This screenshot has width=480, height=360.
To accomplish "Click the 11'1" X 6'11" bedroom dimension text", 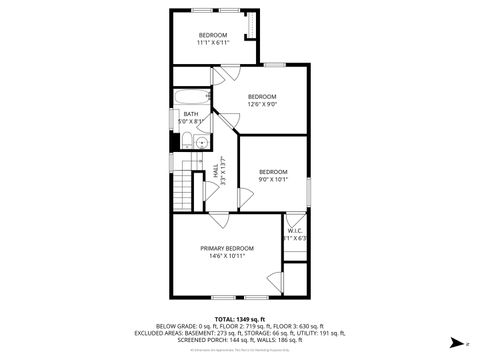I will coord(212,43).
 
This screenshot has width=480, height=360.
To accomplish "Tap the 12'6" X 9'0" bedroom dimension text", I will coord(262,104).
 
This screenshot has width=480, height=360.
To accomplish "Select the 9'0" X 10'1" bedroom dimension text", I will coord(273,180).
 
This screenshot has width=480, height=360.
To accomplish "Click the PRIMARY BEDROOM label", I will coord(226,248).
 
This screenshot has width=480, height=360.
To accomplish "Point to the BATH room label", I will coord(191,114).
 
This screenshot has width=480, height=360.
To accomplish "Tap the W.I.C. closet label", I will coord(296,230).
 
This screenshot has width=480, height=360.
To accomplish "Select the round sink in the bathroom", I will coord(201,142).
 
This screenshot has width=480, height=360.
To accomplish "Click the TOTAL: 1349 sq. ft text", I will coord(239,319).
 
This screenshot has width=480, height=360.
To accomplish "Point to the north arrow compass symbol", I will coord(455,342).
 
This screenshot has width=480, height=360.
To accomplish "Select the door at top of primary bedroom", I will coord(219,220).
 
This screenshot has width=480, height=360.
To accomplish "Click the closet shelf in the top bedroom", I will coord(252,25).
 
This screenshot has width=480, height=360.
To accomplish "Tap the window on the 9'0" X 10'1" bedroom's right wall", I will coord(309,189).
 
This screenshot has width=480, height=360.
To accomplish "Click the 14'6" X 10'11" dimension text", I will coord(227,256).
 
